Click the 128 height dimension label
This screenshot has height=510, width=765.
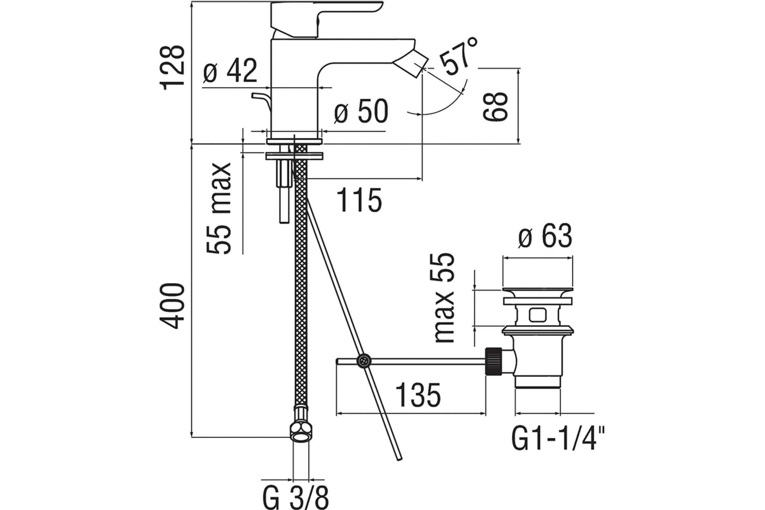(x=172, y=68)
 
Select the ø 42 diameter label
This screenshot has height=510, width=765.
(x=230, y=71)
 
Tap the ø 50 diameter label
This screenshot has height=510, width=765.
(x=361, y=111)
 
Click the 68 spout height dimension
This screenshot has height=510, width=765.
(x=495, y=107)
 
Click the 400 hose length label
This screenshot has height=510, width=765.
(x=172, y=306)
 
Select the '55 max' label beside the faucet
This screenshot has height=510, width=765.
(x=219, y=208)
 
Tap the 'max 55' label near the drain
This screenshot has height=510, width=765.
(x=444, y=297)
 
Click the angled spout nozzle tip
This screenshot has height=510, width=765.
(x=412, y=67)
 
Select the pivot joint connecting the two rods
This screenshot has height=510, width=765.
(x=363, y=361)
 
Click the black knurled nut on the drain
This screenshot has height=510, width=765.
(x=493, y=361)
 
